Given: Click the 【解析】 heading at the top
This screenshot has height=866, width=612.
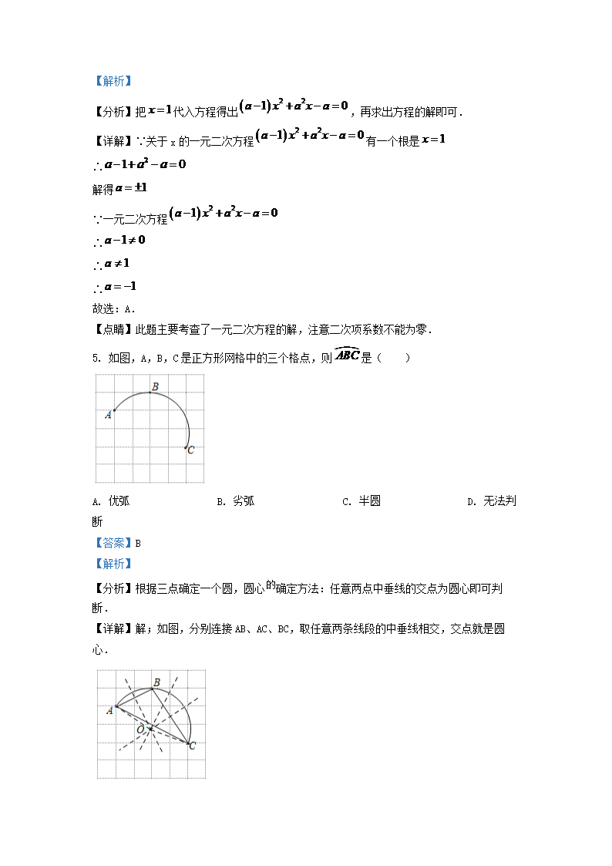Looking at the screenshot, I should point(112,80).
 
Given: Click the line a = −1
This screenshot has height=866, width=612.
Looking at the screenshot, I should point(119,287).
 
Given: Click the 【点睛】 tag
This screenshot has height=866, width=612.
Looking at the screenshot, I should point(112,330).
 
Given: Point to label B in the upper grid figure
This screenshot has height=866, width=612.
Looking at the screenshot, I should point(155,386).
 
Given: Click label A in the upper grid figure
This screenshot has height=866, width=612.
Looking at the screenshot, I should point(108,415).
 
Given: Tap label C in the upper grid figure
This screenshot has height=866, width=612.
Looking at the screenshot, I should point(191,450).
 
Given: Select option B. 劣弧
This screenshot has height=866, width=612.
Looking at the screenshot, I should point(235,501).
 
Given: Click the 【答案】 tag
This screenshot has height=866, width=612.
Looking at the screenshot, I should point(112,543).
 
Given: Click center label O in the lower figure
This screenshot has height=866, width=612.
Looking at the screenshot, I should point(140,729).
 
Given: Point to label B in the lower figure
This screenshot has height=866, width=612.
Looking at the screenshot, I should point(156,682).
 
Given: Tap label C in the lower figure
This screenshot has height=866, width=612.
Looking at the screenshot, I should point(192,746).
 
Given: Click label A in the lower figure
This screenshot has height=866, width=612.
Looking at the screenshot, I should point(109,710).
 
